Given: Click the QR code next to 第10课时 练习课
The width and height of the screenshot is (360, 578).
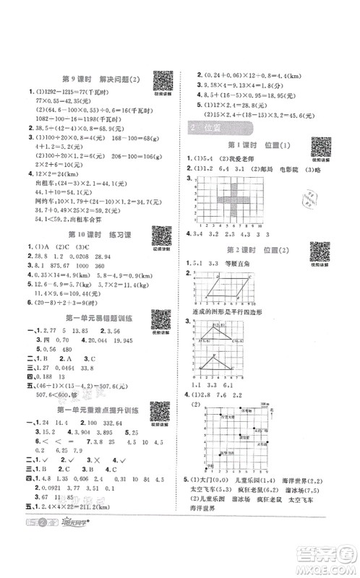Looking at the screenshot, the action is (x=161, y=254).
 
